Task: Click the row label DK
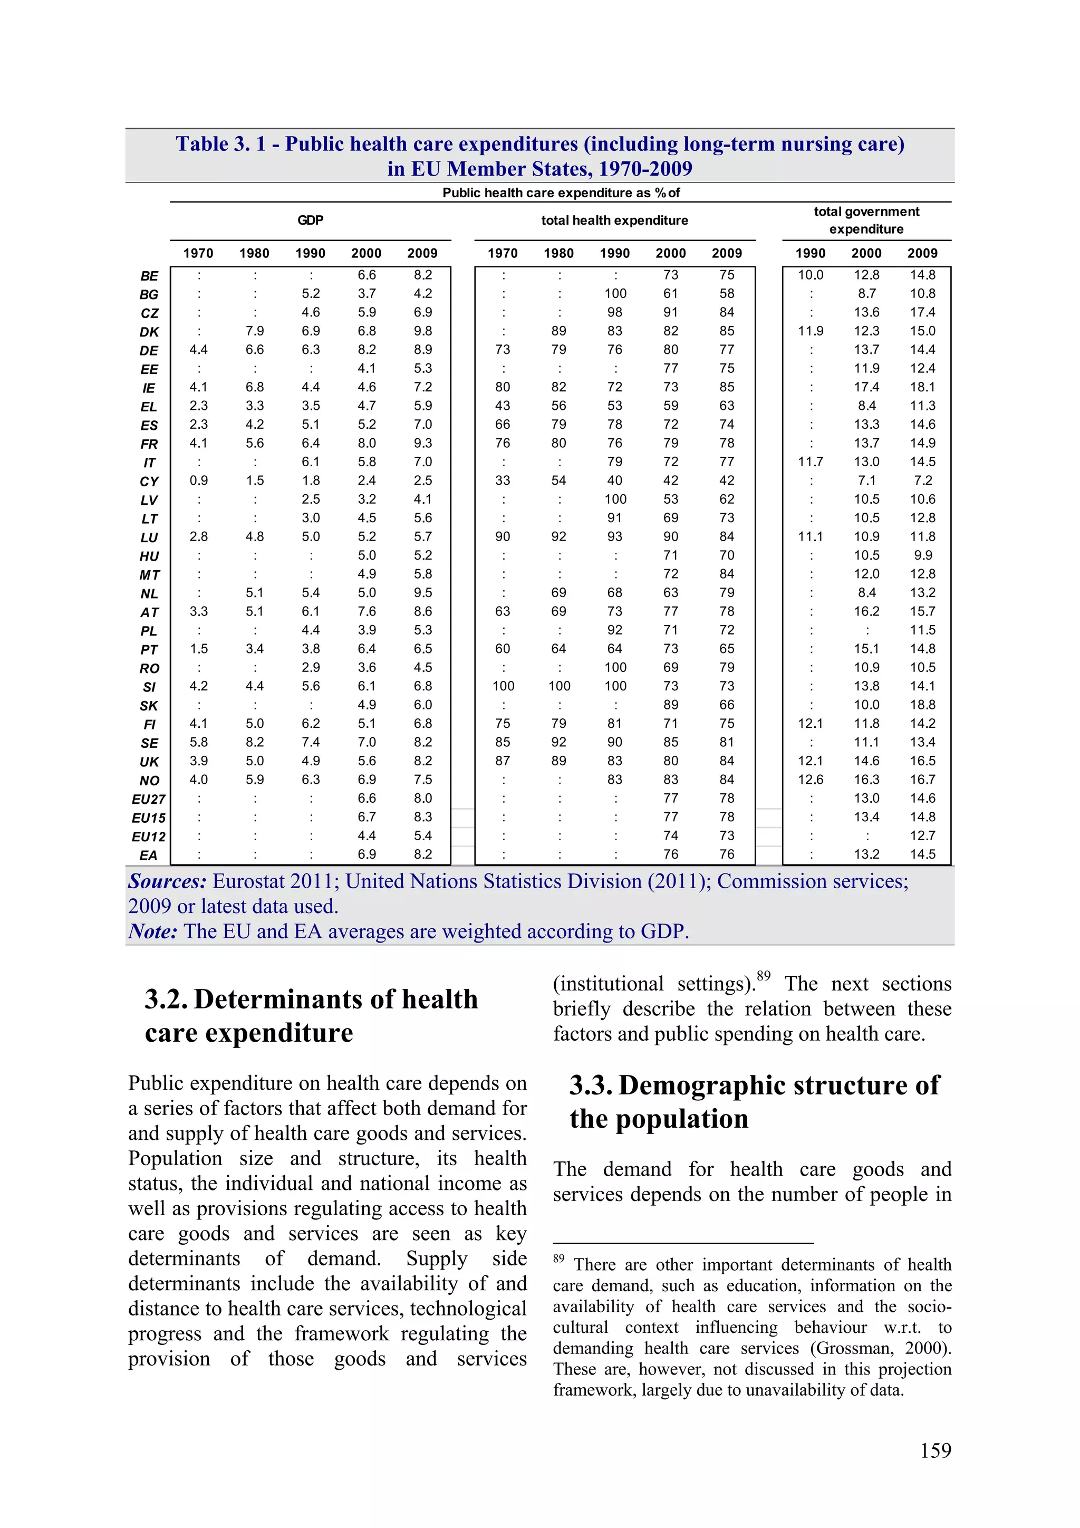(149, 332)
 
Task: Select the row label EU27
(148, 799)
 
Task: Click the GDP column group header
(310, 220)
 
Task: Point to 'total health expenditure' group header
(614, 220)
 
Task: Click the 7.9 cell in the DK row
(254, 331)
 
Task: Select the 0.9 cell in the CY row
(198, 480)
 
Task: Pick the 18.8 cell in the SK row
(922, 705)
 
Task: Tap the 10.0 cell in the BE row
(811, 275)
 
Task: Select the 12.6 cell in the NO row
(811, 780)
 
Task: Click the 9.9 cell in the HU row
(922, 555)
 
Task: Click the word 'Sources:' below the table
(168, 881)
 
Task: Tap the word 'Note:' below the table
(153, 931)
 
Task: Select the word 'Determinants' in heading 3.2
(335, 1000)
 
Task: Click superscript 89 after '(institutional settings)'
(763, 976)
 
